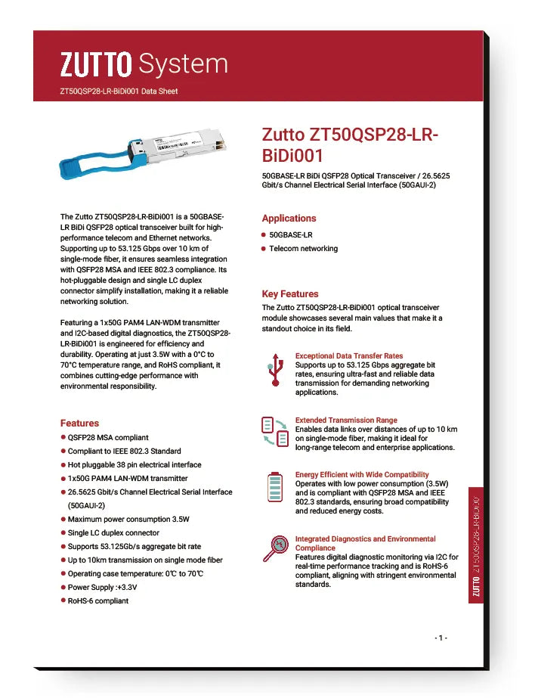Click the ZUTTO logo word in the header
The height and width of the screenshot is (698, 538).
coord(96,65)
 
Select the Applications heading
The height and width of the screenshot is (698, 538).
coord(289,218)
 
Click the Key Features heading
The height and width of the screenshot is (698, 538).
coord(290,293)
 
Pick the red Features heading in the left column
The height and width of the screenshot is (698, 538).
coord(79,423)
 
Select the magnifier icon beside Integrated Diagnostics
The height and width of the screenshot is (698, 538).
coord(274,547)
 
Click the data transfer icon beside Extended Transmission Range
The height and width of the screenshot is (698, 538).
coord(274,432)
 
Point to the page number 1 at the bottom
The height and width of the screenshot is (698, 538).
coord(441,638)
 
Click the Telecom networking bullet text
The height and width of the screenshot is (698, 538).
coord(303,249)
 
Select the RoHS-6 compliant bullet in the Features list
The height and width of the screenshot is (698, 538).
coord(98,600)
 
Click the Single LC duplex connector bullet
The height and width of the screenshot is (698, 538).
coord(113,532)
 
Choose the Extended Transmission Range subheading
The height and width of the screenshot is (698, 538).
coord(345,420)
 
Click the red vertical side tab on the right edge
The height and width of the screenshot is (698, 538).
coord(476,544)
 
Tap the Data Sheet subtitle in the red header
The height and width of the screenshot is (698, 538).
coord(119,92)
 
